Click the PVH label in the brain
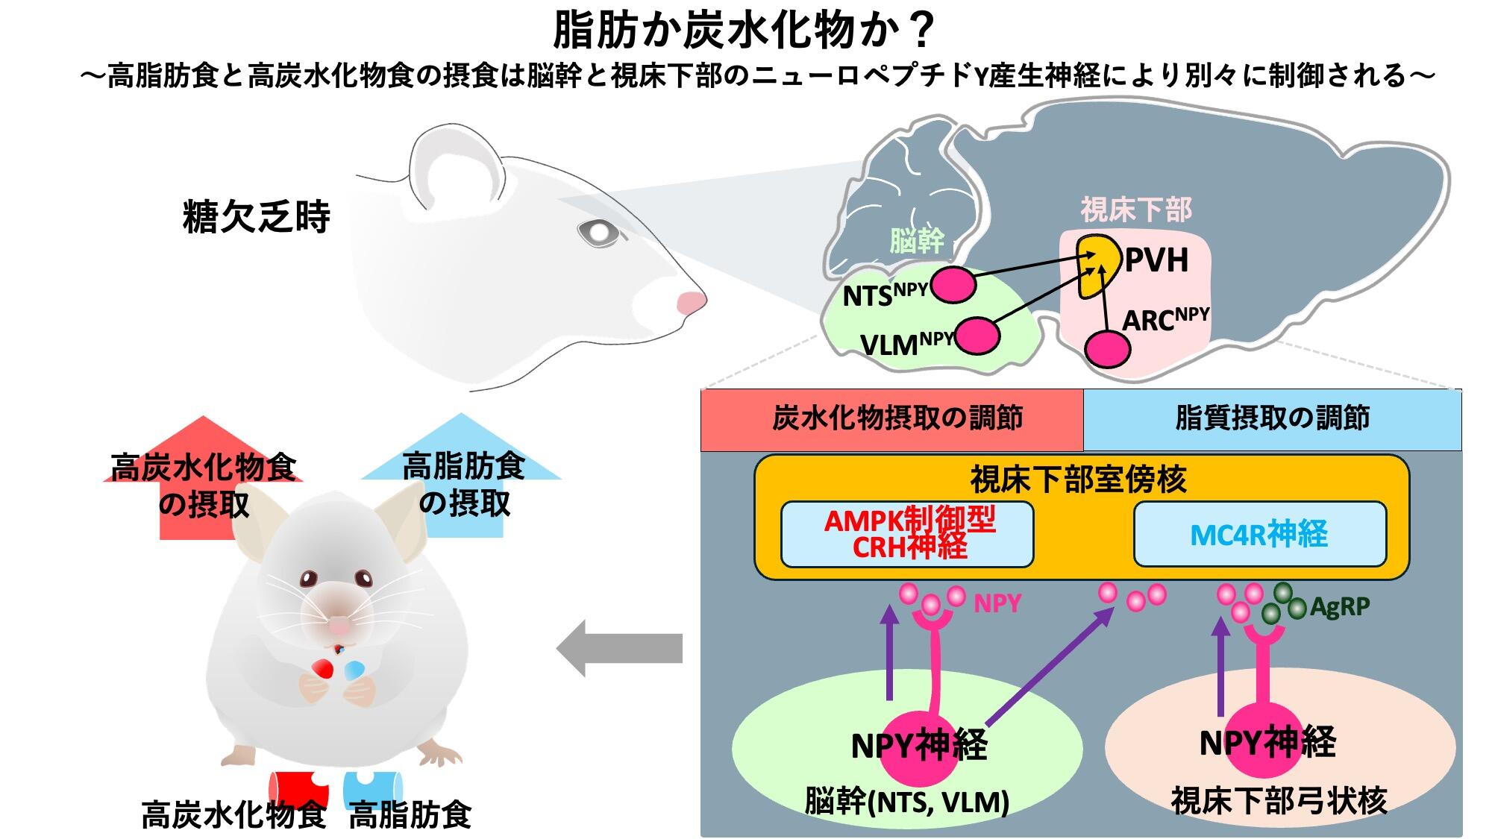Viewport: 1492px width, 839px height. tap(1156, 261)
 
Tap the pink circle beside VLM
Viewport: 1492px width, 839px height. tap(977, 336)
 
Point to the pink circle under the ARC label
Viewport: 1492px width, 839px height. tap(1107, 348)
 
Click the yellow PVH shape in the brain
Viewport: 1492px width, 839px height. tap(1098, 265)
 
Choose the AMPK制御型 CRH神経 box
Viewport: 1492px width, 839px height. tap(907, 534)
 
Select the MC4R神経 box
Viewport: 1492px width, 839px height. tap(1259, 534)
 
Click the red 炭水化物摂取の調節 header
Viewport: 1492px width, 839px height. tap(892, 419)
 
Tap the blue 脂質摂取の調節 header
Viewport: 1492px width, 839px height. tap(1272, 419)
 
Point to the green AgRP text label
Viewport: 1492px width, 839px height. tap(1340, 607)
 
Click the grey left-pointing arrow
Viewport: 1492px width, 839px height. tap(619, 648)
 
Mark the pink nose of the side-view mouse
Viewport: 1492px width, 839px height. tap(691, 303)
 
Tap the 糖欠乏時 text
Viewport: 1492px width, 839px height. tap(256, 218)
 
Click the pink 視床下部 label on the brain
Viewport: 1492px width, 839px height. tap(1135, 210)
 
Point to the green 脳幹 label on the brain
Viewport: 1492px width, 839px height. tap(917, 241)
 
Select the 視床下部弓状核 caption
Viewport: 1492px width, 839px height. tap(1279, 802)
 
